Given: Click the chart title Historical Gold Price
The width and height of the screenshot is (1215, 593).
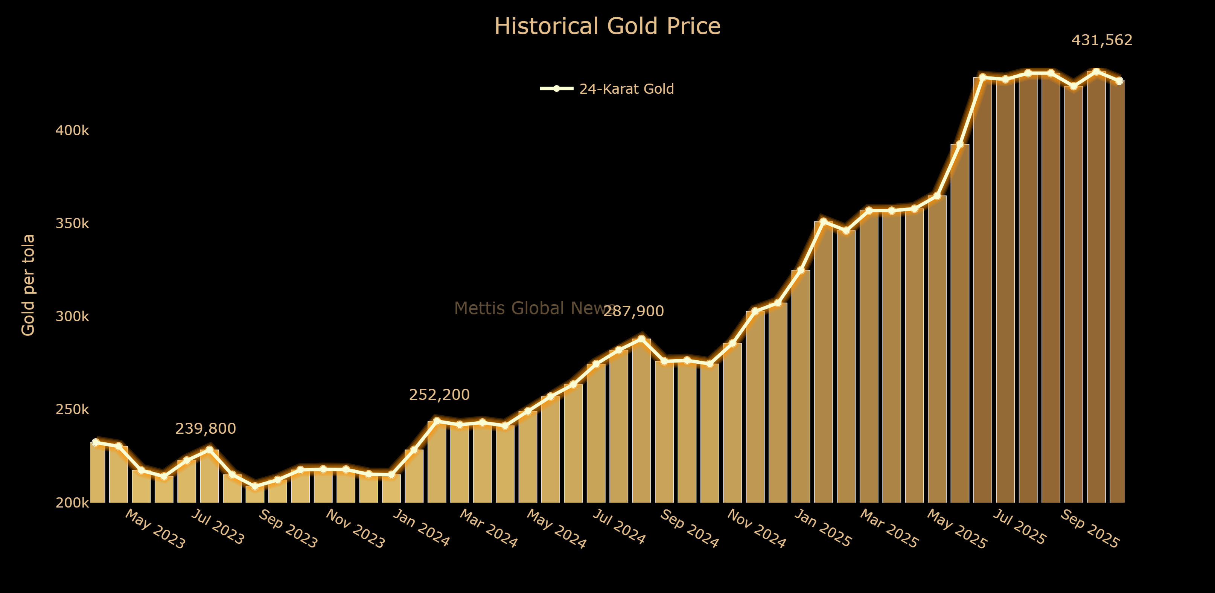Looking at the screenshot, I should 607,26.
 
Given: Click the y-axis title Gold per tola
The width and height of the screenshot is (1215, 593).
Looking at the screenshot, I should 28,285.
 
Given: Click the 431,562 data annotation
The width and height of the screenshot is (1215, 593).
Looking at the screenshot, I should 1102,40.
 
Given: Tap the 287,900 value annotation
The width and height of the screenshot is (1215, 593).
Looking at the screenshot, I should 633,311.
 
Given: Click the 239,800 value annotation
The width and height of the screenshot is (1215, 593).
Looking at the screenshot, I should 205,428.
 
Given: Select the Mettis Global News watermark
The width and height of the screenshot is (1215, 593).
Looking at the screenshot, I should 533,308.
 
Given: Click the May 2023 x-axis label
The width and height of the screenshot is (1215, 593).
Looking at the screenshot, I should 155,529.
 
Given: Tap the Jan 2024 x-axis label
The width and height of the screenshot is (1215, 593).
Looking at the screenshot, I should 421,528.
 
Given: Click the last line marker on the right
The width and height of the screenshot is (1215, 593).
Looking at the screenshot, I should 1119,81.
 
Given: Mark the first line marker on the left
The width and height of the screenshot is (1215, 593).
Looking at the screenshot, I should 96,442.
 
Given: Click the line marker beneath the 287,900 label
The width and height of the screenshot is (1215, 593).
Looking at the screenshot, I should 641,339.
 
